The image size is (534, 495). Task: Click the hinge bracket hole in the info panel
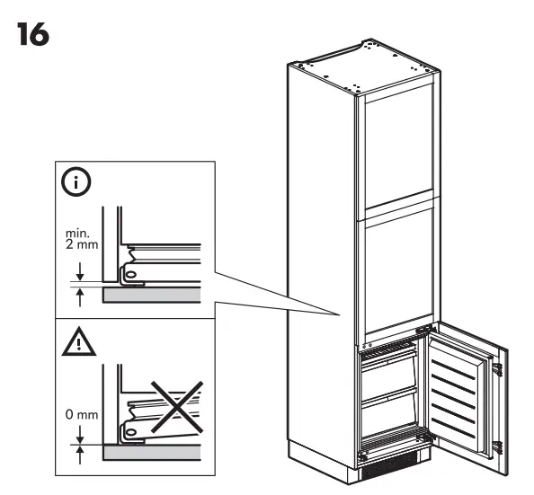[x=132, y=272]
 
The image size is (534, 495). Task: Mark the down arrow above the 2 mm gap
[x=81, y=269]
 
